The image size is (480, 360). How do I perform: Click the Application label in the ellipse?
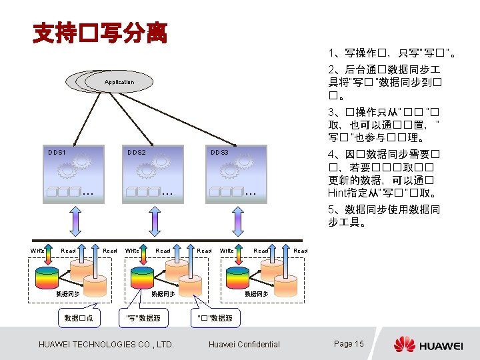(x=119, y=82)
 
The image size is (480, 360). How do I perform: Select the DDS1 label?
(x=57, y=152)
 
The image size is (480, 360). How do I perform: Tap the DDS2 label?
(x=137, y=152)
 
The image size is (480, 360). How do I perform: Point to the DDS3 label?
(x=219, y=152)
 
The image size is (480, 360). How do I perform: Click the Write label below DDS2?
(x=132, y=251)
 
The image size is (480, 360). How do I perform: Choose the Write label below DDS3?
(x=227, y=251)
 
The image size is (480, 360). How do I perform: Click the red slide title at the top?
(x=100, y=31)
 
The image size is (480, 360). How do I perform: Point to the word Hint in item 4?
(x=338, y=193)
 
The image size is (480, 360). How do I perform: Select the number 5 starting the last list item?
(x=331, y=210)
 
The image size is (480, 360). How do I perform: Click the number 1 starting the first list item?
(x=331, y=53)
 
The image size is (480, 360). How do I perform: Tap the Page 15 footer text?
(x=349, y=344)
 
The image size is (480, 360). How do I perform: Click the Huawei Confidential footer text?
(x=244, y=345)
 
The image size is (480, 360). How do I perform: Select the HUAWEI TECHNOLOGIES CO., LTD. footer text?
(x=107, y=345)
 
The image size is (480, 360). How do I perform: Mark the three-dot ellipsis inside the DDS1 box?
(x=87, y=193)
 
